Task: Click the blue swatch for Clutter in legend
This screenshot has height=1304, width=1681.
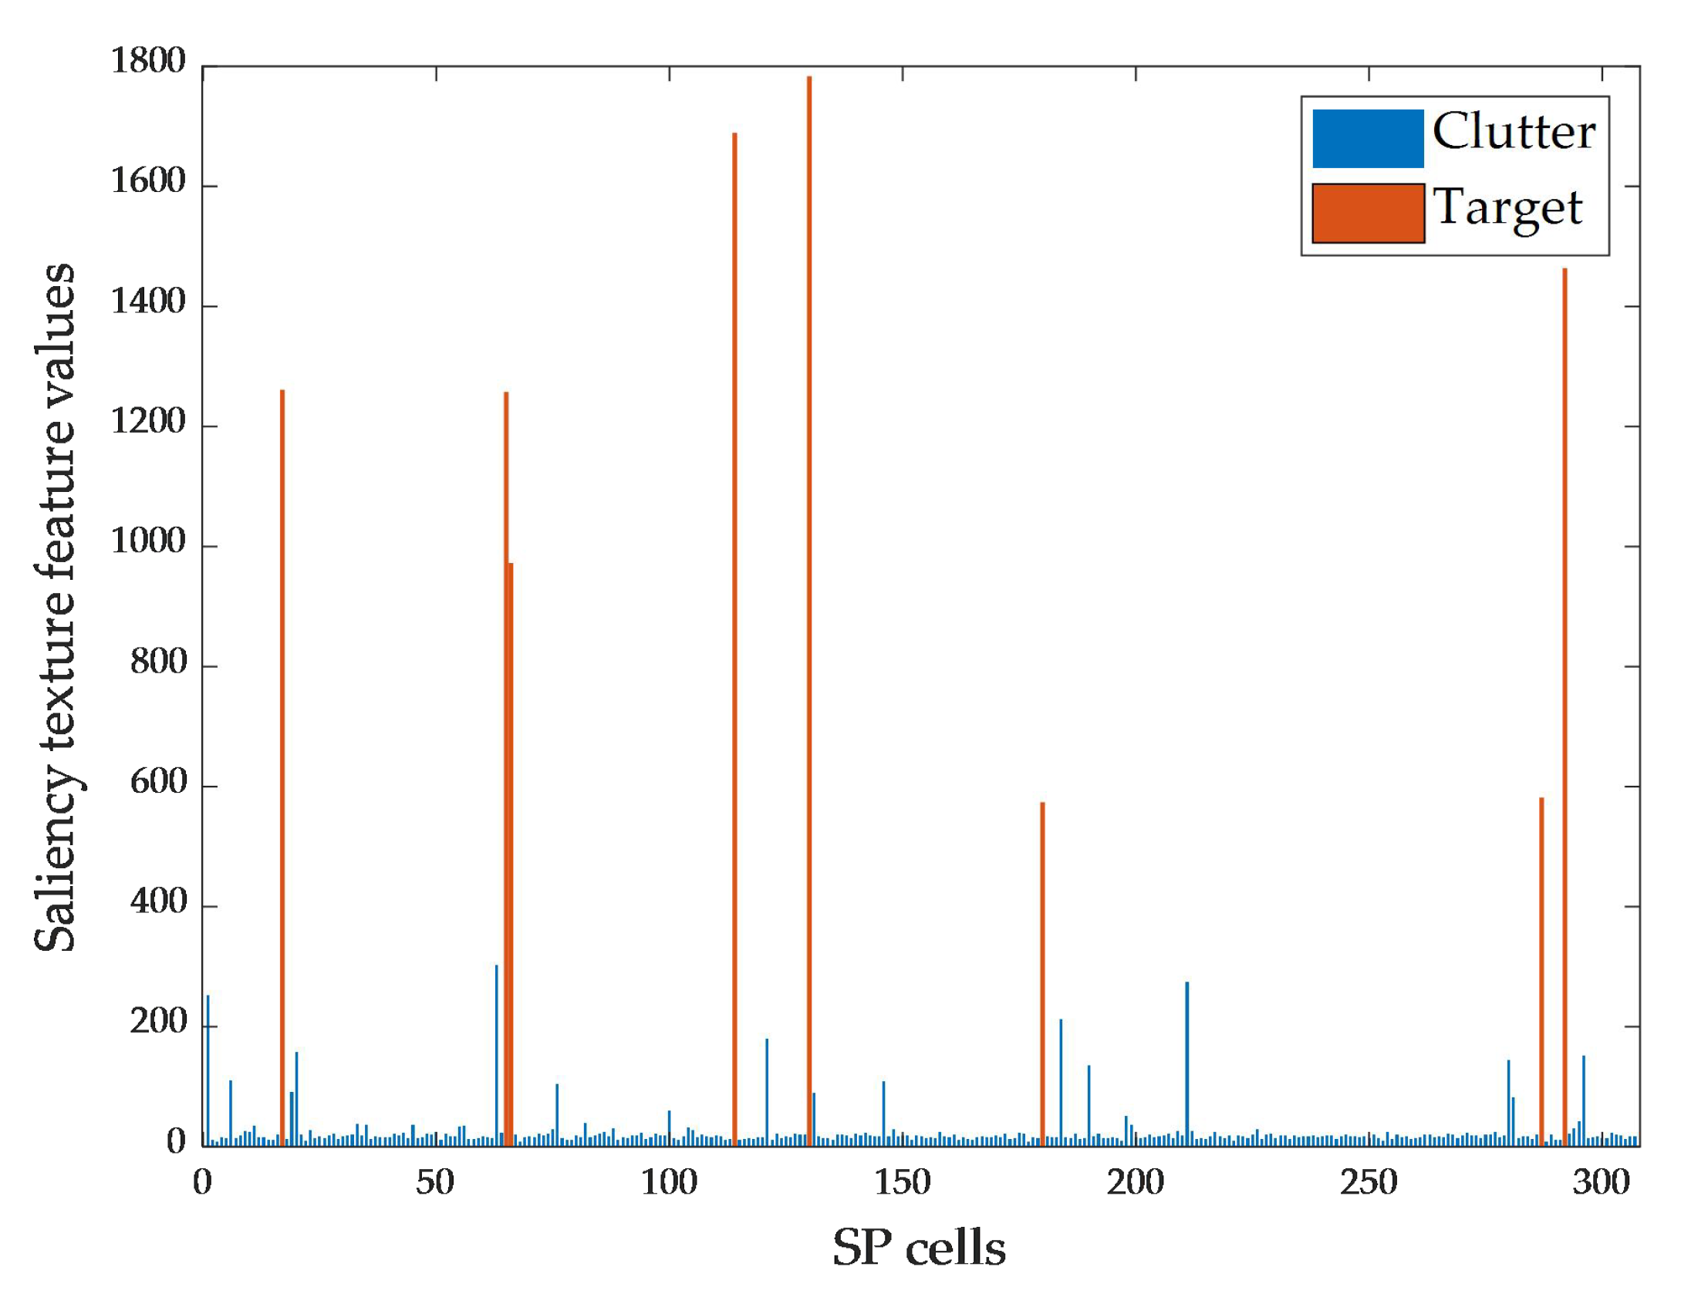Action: point(1368,139)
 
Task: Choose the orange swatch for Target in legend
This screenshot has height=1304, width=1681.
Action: point(1368,213)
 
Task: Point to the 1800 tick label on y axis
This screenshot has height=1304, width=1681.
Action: point(148,61)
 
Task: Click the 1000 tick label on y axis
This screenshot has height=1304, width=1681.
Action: point(148,541)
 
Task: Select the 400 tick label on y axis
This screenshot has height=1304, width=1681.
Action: point(158,901)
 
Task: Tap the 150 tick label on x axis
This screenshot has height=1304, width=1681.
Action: point(902,1182)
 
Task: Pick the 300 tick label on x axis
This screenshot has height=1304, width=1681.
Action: point(1601,1182)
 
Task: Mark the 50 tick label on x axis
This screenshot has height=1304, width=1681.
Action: point(435,1182)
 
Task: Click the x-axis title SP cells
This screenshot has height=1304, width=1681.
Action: point(918,1248)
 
